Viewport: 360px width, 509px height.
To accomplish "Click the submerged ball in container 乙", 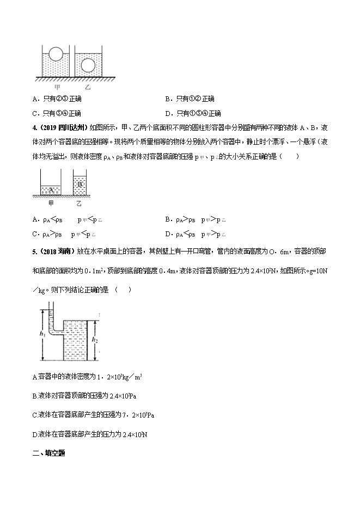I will click(88, 65).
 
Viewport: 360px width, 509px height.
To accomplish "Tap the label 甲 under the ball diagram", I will click(57, 86).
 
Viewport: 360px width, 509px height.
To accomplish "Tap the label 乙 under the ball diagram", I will click(88, 86).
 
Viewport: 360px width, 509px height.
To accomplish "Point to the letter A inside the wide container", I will click(51, 190).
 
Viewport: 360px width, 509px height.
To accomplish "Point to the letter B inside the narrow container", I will click(80, 184).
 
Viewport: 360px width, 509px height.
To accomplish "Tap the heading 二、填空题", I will click(48, 452).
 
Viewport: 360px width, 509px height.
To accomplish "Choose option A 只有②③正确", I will click(57, 99).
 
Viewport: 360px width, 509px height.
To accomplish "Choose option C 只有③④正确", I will click(57, 113).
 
